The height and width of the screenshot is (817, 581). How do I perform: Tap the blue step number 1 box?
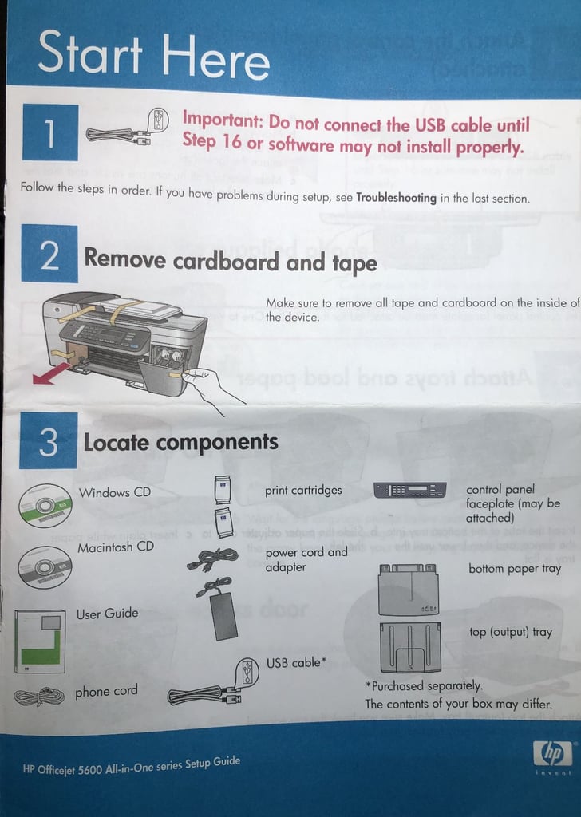pos(49,132)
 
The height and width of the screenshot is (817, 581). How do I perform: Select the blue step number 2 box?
pos(49,254)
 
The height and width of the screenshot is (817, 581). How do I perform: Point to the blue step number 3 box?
pos(49,440)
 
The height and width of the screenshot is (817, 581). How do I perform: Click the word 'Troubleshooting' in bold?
pos(396,197)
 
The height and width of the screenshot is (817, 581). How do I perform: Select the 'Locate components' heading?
pos(180,442)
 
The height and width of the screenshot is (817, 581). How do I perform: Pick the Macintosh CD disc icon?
pos(45,566)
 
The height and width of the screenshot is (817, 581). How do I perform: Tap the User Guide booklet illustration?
pos(40,641)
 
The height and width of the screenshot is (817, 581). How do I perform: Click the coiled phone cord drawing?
pos(39,697)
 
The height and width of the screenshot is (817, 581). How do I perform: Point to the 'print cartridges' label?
pos(303,491)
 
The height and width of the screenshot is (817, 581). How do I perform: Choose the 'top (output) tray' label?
pos(510,632)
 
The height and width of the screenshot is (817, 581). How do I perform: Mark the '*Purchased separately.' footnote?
pos(424,685)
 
